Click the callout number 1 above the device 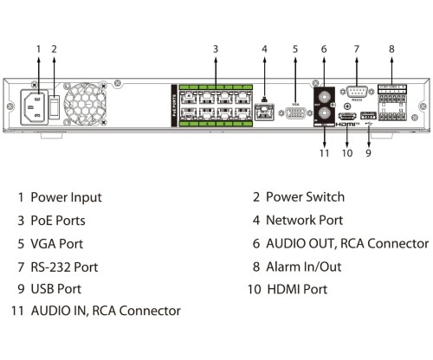[x=37, y=49]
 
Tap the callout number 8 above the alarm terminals [x=391, y=49]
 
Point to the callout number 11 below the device [x=324, y=154]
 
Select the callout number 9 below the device [x=368, y=154]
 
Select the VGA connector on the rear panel [x=294, y=110]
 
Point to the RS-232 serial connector [x=356, y=93]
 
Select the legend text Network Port [x=304, y=221]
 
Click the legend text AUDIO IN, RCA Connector [x=106, y=311]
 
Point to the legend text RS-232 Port [x=64, y=266]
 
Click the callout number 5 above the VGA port [x=294, y=49]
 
